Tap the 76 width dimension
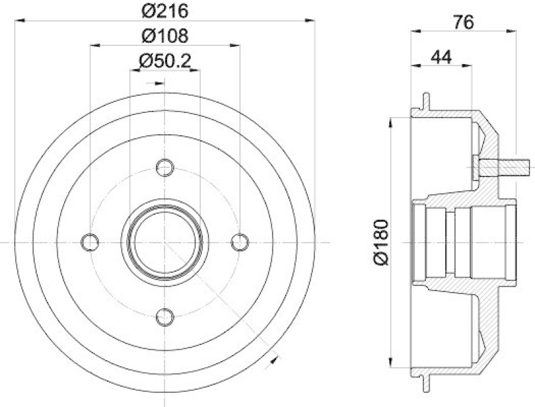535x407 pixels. click(x=463, y=21)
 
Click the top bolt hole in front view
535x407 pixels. click(x=165, y=166)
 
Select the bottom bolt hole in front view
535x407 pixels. click(x=165, y=317)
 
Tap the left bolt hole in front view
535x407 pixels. click(x=89, y=241)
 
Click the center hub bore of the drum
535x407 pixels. click(x=165, y=241)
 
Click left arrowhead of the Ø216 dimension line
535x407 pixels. click(x=18, y=21)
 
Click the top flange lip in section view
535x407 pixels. click(x=425, y=100)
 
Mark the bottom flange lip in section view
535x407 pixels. click(x=425, y=383)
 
